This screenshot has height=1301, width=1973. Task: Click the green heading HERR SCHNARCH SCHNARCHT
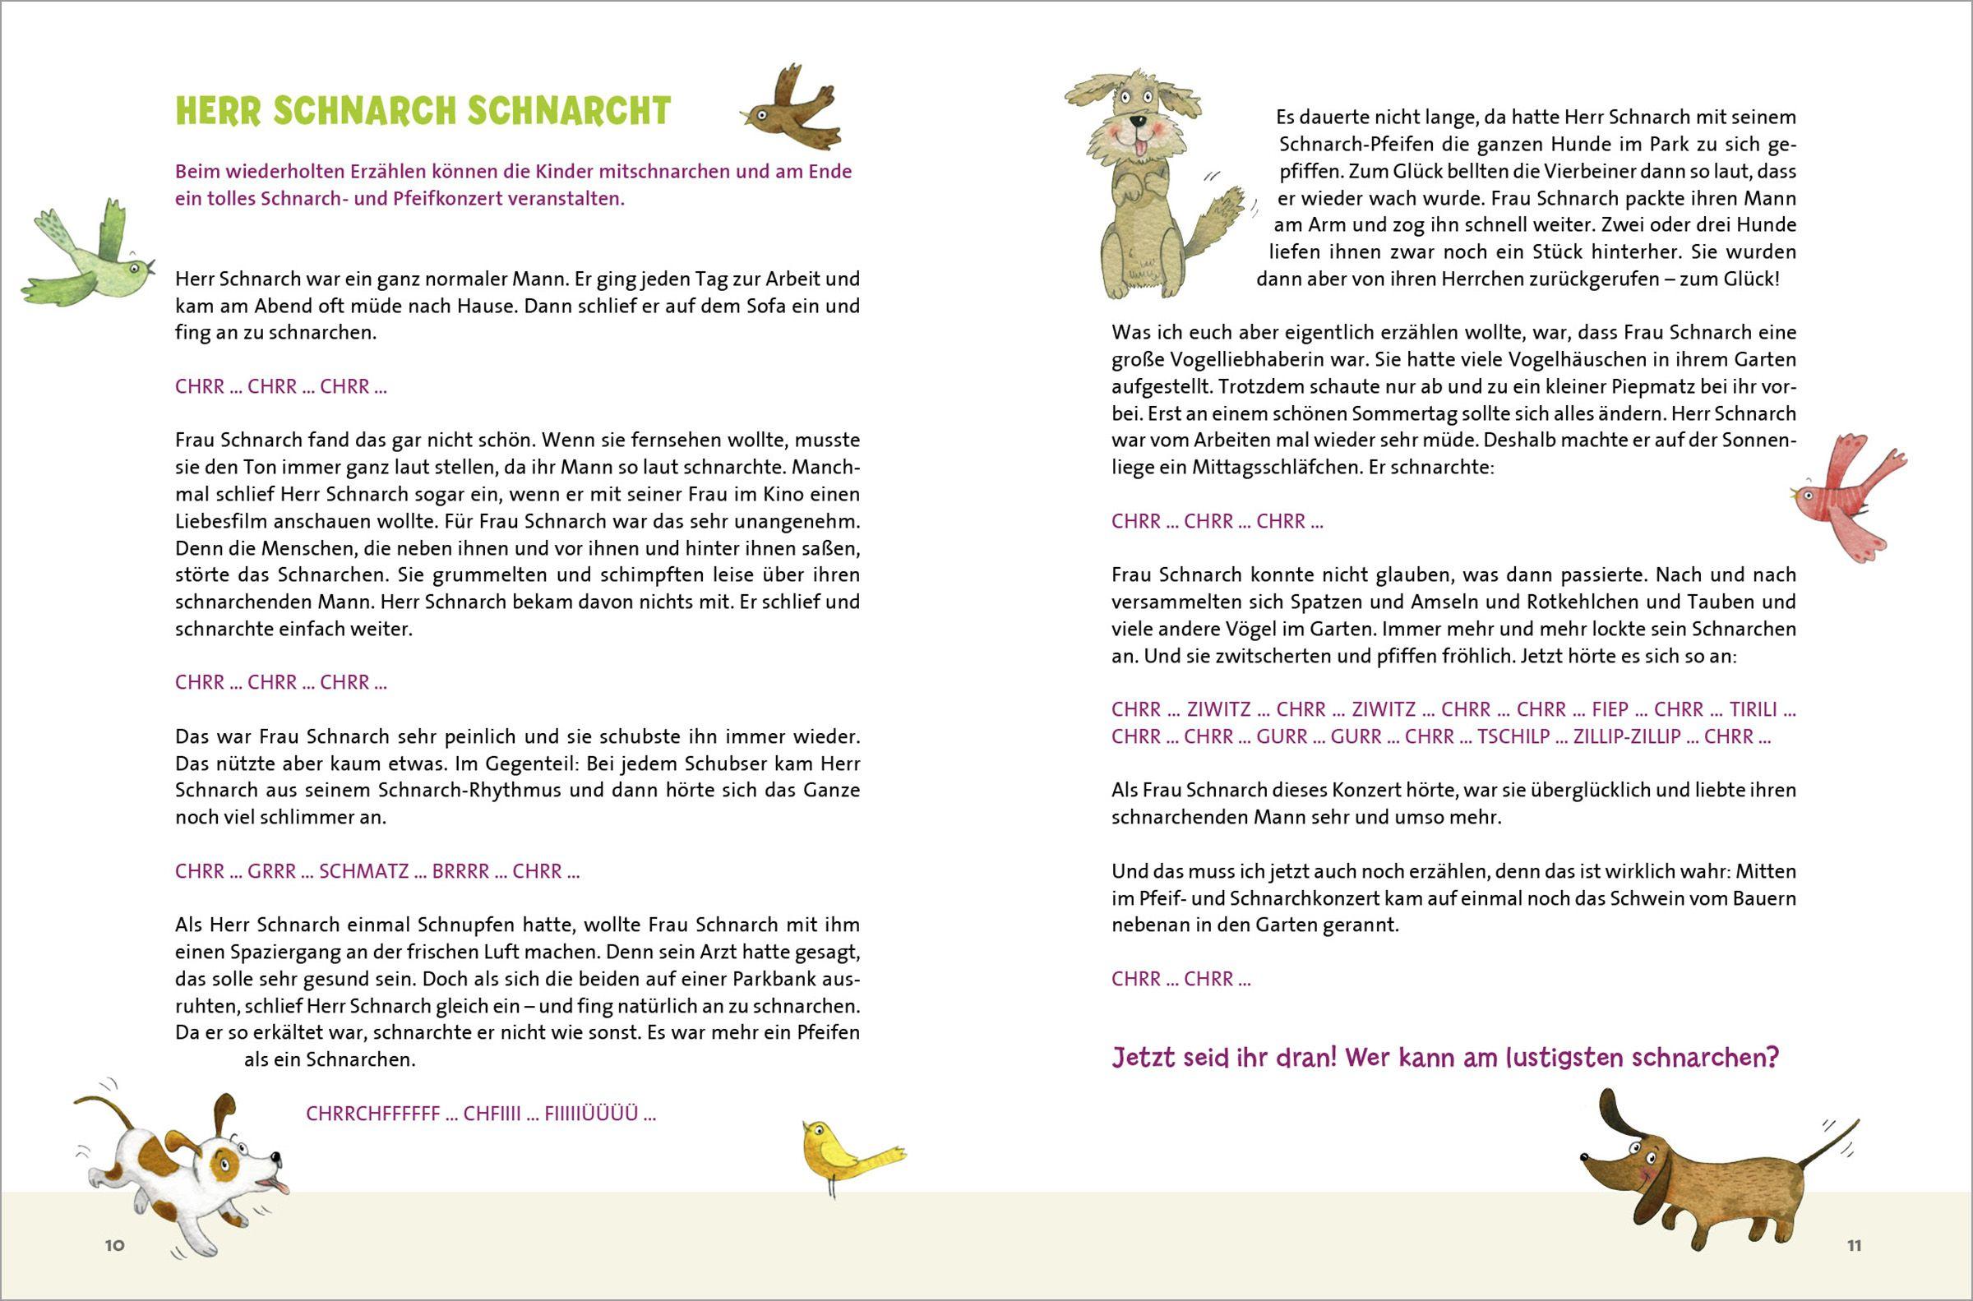(423, 111)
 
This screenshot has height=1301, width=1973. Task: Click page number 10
(114, 1244)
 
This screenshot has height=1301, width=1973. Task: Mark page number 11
(1855, 1245)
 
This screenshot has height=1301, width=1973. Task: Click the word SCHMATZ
(363, 871)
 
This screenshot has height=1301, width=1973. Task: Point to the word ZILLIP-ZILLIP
(1627, 736)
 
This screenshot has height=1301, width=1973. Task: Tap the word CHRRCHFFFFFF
(372, 1114)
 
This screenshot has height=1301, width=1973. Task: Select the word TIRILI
(1754, 709)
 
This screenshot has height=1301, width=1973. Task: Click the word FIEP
(1610, 709)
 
